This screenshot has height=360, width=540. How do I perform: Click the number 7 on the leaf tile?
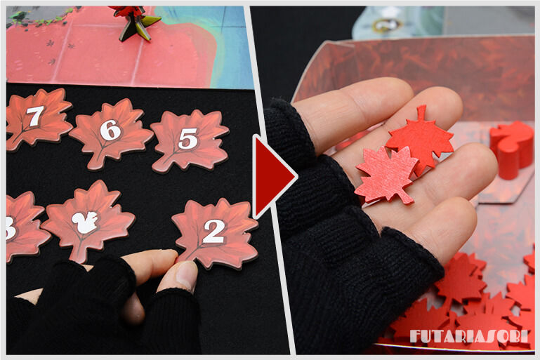(35, 116)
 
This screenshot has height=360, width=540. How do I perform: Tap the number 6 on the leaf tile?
(110, 130)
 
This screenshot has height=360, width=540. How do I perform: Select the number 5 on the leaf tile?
(188, 138)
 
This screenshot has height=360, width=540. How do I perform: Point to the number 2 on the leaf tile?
(214, 232)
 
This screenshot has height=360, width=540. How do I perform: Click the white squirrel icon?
(85, 222)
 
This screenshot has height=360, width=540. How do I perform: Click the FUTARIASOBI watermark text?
(468, 336)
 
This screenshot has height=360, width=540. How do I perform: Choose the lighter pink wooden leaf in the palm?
(386, 175)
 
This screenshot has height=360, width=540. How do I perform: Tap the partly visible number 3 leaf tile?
(23, 226)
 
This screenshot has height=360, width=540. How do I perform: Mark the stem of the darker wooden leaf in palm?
(421, 112)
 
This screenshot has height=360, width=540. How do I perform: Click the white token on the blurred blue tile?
(387, 24)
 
